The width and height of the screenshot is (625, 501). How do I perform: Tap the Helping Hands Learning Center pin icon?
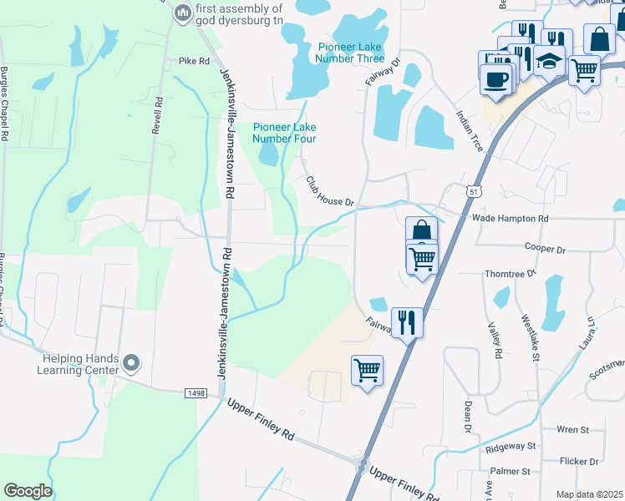tap(130, 363)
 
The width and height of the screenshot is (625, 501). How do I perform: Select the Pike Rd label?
tap(192, 61)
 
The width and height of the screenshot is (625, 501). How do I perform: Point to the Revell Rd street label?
tap(155, 120)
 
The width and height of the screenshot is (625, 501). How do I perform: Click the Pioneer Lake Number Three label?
tap(351, 53)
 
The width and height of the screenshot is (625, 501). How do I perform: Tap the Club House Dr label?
tap(330, 191)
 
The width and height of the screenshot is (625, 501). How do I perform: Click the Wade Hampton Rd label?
tap(510, 218)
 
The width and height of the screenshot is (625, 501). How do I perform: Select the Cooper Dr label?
tap(545, 249)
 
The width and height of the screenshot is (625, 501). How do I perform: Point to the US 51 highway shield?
tap(474, 193)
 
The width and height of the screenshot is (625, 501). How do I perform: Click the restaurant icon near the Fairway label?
tap(407, 321)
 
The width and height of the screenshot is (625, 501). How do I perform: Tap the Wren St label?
tap(572, 430)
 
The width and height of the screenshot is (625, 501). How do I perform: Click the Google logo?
tap(28, 491)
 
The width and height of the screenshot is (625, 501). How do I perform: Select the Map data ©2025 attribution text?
tap(588, 494)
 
